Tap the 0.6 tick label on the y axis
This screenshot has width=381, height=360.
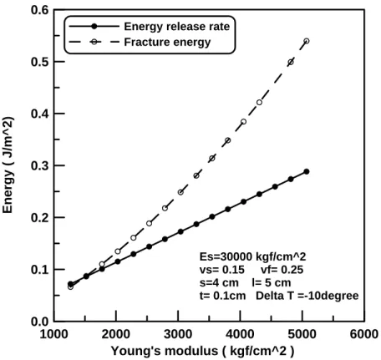39,10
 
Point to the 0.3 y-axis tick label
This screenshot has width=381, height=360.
39,165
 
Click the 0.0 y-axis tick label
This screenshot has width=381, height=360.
39,322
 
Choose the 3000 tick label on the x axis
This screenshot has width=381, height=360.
178,334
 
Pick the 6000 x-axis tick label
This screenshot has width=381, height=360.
364,334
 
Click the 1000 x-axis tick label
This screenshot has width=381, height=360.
54,334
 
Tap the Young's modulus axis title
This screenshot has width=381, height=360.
202,351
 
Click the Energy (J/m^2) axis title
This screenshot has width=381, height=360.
8,165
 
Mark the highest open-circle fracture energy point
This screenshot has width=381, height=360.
307,41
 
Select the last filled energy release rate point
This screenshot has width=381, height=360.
307,171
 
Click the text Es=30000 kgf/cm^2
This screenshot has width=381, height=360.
253,256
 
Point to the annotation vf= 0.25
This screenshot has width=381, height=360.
282,270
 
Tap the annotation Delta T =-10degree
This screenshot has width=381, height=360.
307,296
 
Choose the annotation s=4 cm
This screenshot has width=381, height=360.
219,282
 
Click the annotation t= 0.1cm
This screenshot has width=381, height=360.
223,296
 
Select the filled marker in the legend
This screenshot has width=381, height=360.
94,27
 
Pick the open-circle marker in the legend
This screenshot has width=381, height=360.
94,42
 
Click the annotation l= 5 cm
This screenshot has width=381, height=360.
272,282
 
